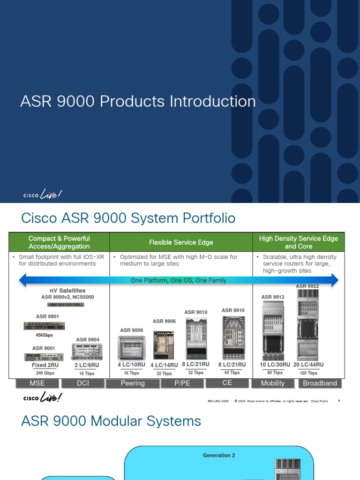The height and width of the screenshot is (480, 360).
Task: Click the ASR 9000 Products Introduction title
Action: (x=138, y=102)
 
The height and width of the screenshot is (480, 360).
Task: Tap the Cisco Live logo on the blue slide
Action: (x=43, y=195)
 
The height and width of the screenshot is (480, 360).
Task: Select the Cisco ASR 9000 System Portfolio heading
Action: (x=128, y=218)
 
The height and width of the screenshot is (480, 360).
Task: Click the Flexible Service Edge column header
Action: (x=181, y=242)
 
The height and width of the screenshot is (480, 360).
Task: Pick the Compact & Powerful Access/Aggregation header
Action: (x=59, y=242)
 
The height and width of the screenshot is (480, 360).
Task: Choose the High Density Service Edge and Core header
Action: (x=298, y=242)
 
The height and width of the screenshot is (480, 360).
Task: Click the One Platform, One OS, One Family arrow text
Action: (x=178, y=280)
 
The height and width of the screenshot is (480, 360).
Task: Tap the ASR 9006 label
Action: (x=131, y=330)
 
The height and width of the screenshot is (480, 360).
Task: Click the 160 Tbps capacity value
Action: (x=308, y=373)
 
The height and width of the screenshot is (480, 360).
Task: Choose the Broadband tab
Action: (x=320, y=383)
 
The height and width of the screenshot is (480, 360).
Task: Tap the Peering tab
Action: (x=133, y=383)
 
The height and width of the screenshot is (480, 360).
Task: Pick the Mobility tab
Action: (x=272, y=383)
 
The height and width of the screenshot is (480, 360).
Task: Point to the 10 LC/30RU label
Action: (x=275, y=365)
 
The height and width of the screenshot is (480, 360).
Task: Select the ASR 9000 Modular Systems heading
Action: (x=111, y=421)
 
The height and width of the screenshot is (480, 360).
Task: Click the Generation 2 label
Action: (x=219, y=455)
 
